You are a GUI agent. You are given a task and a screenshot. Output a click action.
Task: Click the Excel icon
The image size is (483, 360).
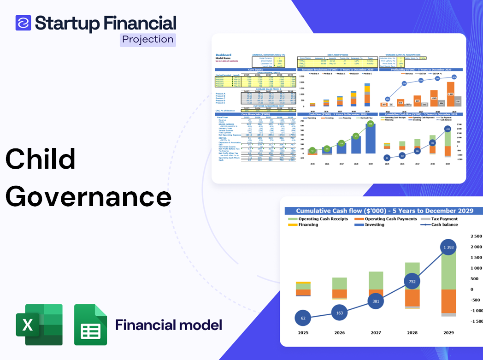(39, 325)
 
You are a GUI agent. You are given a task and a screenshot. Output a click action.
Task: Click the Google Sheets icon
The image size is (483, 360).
(90, 325)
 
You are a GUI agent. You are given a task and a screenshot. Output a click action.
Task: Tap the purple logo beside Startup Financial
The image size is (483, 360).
(23, 23)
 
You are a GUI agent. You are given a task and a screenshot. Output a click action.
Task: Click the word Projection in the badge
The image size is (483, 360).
(148, 40)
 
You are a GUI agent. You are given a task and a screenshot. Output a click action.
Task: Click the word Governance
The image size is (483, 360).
(88, 197)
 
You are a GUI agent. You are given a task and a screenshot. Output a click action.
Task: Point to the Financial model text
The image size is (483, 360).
(168, 325)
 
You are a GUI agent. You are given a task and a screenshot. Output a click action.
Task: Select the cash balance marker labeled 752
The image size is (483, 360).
(412, 282)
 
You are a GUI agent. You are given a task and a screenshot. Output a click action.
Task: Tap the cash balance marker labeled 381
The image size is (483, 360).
(376, 301)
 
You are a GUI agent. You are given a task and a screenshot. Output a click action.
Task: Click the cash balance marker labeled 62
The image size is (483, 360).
(303, 318)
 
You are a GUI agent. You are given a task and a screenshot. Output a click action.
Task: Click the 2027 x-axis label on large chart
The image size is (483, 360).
(376, 332)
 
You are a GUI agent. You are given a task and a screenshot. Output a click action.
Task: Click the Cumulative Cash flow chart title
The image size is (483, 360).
(384, 211)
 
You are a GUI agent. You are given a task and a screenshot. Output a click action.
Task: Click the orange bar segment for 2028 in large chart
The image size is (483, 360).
(412, 297)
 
